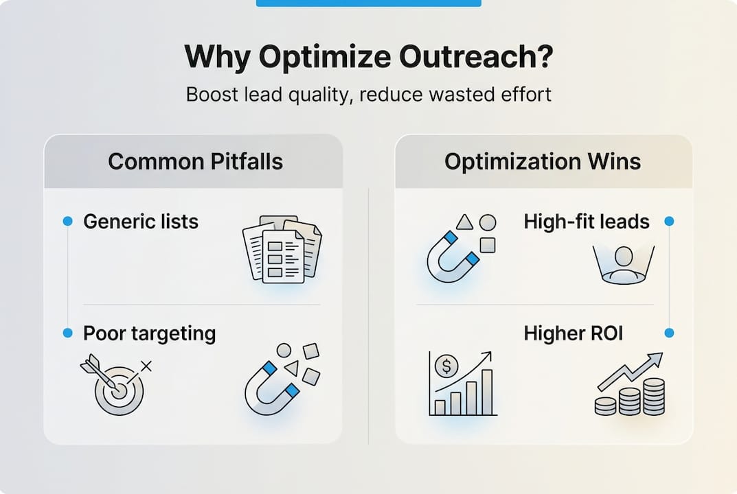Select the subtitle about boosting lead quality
click(x=368, y=94)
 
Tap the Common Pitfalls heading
click(x=195, y=161)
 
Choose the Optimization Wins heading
click(x=543, y=161)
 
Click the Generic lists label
click(x=141, y=222)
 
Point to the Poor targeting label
click(x=149, y=333)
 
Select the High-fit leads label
click(x=587, y=222)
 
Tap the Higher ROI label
click(x=573, y=333)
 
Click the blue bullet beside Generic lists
click(x=67, y=221)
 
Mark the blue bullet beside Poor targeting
click(x=67, y=333)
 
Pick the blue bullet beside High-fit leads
click(x=670, y=221)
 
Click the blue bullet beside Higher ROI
click(x=670, y=333)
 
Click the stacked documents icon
click(x=282, y=248)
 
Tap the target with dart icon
click(x=115, y=386)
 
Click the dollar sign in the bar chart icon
click(x=446, y=366)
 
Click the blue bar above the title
click(x=368, y=3)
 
